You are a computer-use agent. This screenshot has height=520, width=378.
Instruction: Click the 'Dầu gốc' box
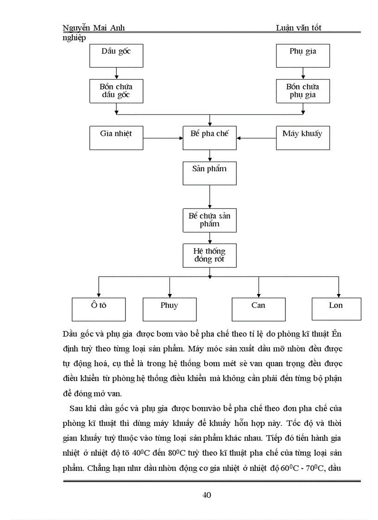pos(116,56)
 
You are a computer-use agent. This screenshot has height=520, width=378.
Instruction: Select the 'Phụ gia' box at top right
pos(303,56)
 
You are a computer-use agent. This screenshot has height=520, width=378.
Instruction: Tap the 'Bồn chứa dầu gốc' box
pos(116,91)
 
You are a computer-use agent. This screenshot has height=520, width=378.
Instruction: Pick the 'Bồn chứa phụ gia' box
pos(303,91)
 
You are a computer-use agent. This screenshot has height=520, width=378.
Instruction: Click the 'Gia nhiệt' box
pos(116,138)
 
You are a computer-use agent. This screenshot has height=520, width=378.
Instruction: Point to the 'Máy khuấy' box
pos(303,138)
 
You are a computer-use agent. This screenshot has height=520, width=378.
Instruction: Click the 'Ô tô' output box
pos(99,309)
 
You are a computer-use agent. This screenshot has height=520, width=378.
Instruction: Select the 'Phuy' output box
pos(170,309)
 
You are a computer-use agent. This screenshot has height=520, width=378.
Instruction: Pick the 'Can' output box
pos(258,309)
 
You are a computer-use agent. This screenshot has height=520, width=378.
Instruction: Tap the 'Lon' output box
pos(336,309)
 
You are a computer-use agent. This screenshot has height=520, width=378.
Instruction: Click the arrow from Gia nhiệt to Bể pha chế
pos(163,138)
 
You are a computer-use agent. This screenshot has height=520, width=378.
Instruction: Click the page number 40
pos(207,495)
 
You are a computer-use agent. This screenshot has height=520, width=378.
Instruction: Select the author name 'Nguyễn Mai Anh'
pos(93,28)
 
